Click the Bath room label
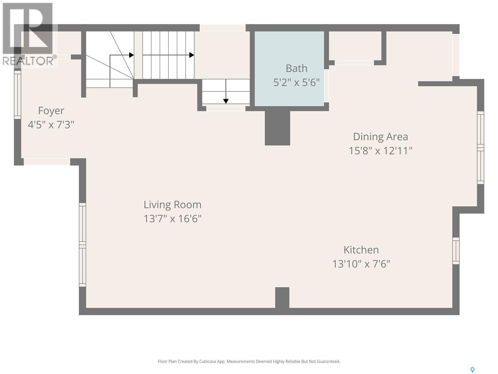pyautogui.click(x=296, y=68)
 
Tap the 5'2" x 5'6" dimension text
pyautogui.click(x=296, y=83)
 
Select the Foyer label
pyautogui.click(x=51, y=111)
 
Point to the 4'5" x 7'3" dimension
pyautogui.click(x=51, y=125)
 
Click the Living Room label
pyautogui.click(x=172, y=205)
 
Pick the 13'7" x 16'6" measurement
pyautogui.click(x=172, y=219)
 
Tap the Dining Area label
pyautogui.click(x=380, y=137)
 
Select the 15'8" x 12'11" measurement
pyautogui.click(x=380, y=151)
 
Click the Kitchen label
pyautogui.click(x=361, y=250)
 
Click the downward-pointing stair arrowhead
pyautogui.click(x=226, y=101)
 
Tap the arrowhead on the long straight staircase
pyautogui.click(x=192, y=55)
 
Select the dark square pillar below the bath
pyautogui.click(x=277, y=128)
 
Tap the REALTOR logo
pyautogui.click(x=29, y=34)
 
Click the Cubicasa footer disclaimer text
pyautogui.click(x=249, y=362)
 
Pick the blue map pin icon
pyautogui.click(x=472, y=370)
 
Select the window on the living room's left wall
pyautogui.click(x=82, y=245)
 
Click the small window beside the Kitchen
pyautogui.click(x=456, y=251)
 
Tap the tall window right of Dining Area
pyautogui.click(x=481, y=147)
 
